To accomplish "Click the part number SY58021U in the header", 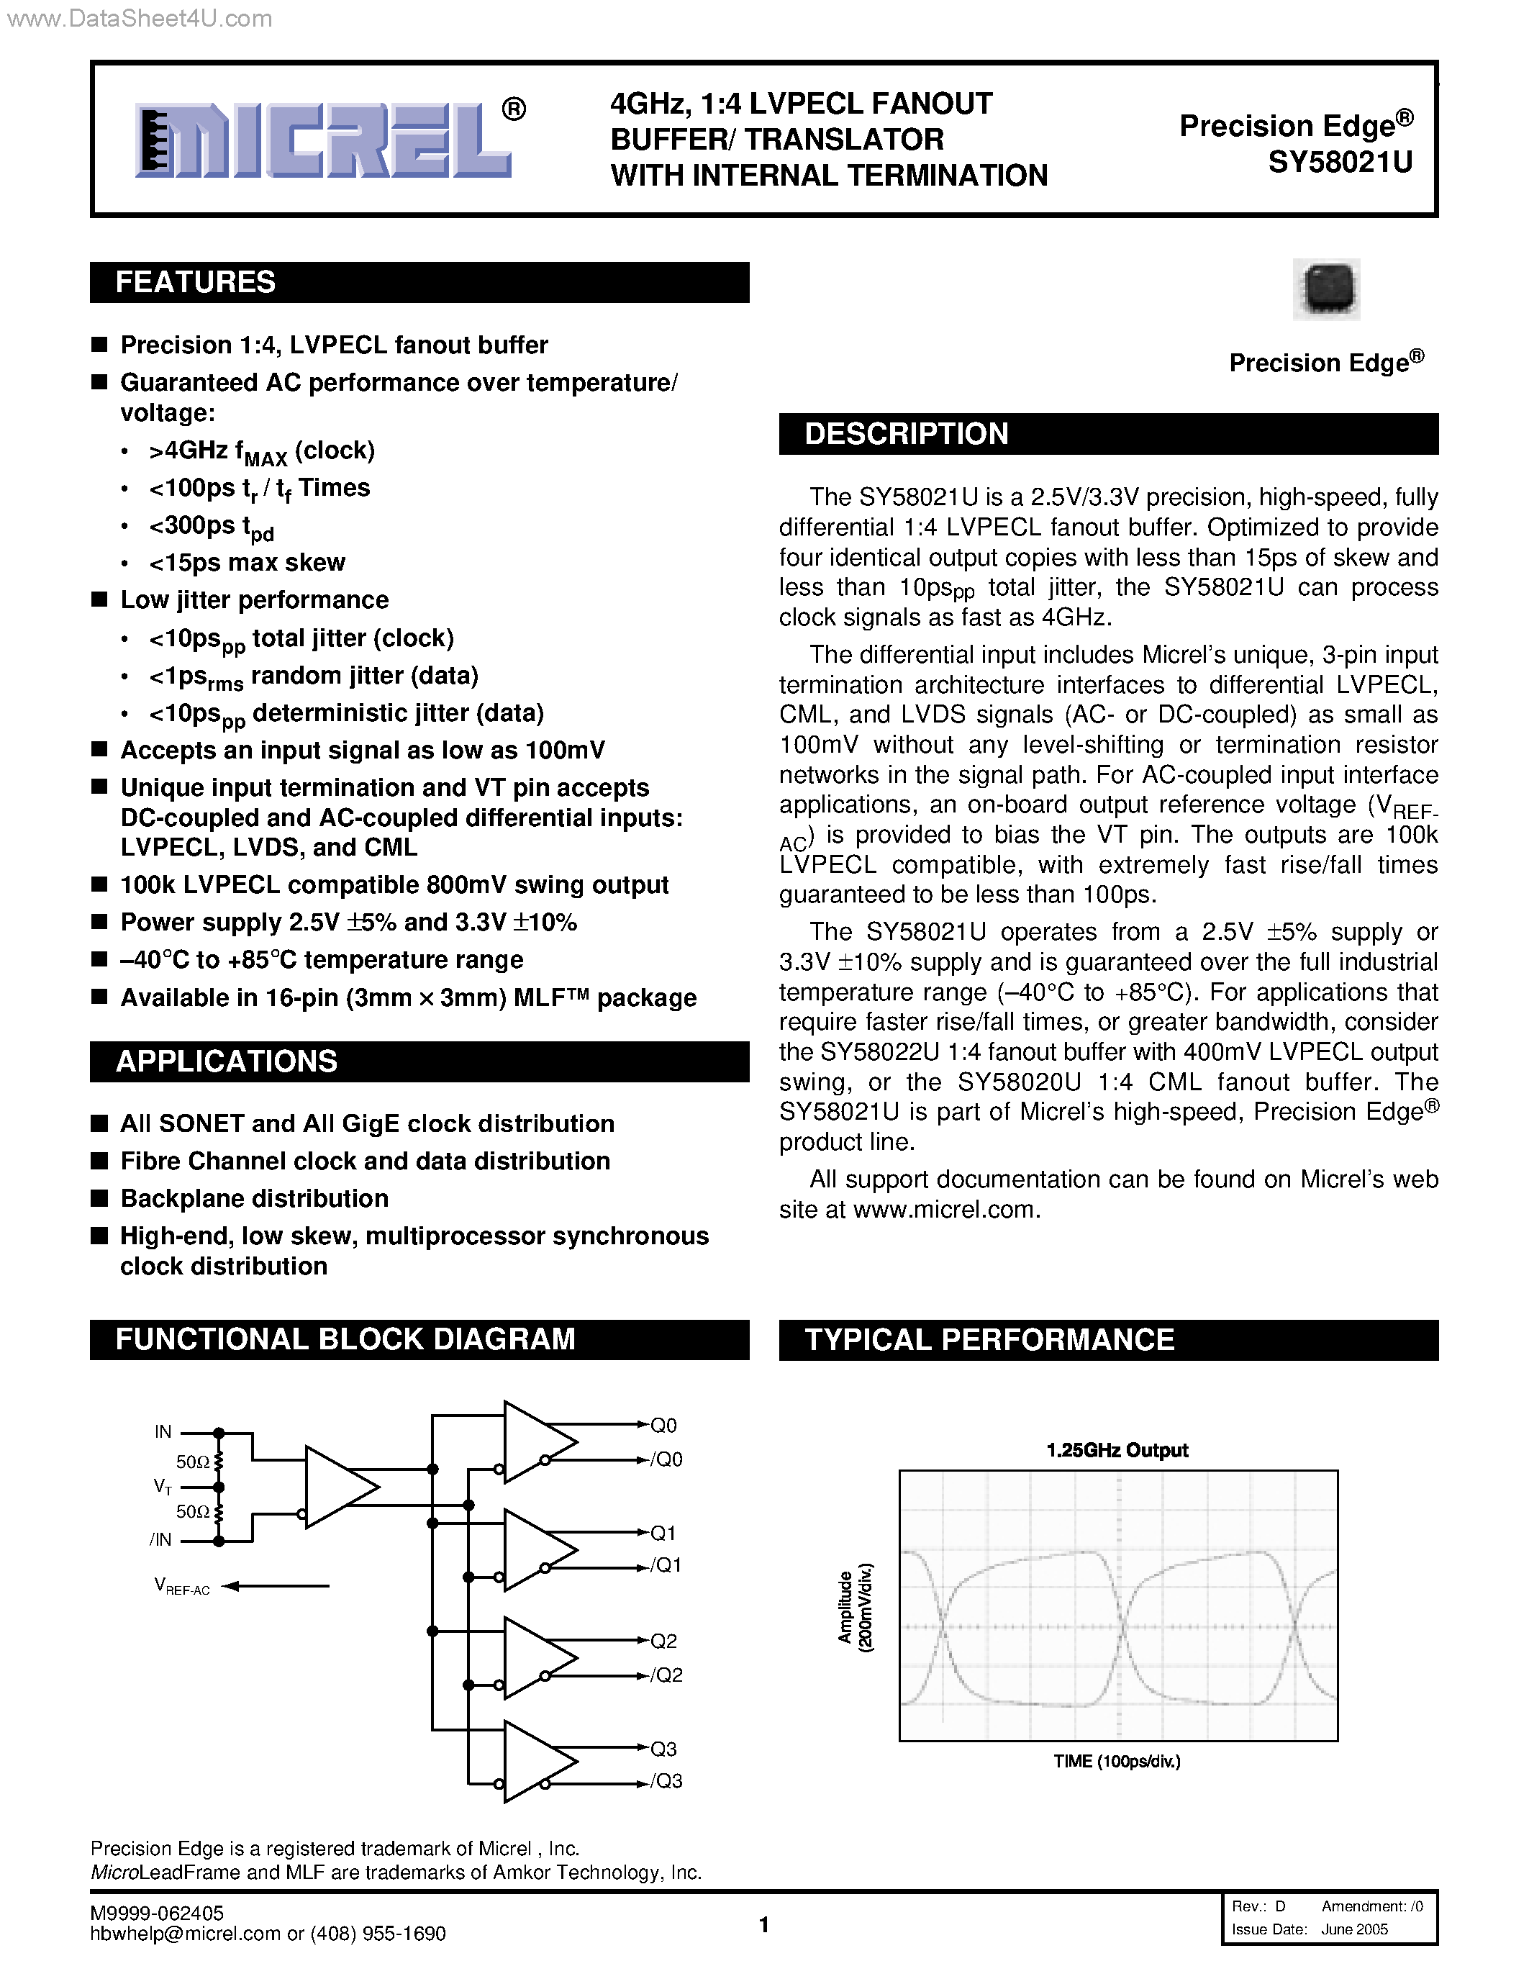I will [1340, 162].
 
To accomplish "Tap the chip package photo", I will [1325, 289].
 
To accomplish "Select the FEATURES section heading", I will [195, 283].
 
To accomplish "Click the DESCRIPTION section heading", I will [906, 434].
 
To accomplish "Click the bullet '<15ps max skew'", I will [246, 563].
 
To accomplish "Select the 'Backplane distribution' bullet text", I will [255, 1199].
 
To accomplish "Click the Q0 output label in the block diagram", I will [663, 1426].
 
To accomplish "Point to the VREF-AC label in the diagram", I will [182, 1586].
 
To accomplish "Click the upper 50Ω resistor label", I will [192, 1462].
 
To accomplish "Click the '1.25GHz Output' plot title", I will [1117, 1450].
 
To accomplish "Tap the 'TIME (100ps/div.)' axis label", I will [1117, 1761].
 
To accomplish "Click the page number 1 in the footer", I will [763, 1924].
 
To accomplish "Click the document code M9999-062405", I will [157, 1913].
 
